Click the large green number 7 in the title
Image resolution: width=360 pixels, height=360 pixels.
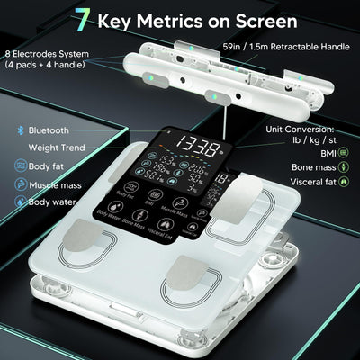click(83, 19)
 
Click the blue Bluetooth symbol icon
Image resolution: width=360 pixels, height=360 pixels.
click(20, 130)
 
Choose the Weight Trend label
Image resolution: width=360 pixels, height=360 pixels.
click(57, 148)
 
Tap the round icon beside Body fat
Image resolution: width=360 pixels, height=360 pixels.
click(20, 166)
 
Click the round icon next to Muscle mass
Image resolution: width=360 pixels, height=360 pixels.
click(20, 184)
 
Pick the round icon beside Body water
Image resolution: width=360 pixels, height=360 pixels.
click(20, 202)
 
